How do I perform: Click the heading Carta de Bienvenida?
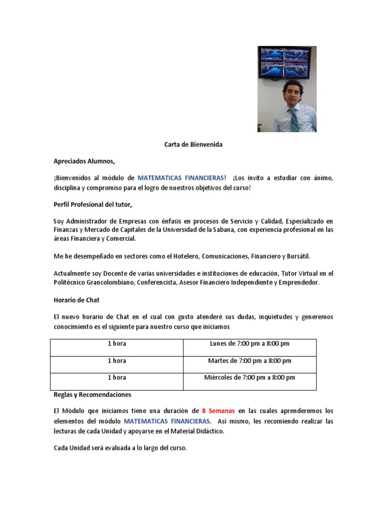click(193, 144)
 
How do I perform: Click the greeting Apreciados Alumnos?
click(85, 161)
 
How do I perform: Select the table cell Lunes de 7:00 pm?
click(249, 344)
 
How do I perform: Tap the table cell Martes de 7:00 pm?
click(249, 360)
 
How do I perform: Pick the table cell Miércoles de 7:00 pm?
click(249, 377)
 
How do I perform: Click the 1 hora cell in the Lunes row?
click(117, 344)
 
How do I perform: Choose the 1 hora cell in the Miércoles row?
click(117, 377)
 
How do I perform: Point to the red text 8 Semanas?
click(218, 411)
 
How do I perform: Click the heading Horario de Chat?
click(77, 300)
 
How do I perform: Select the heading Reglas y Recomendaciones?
click(92, 394)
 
